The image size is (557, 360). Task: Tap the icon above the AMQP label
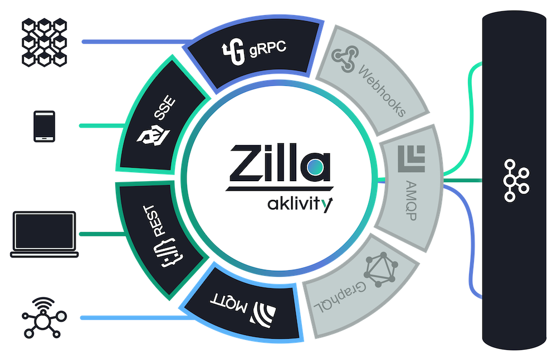click(x=412, y=158)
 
